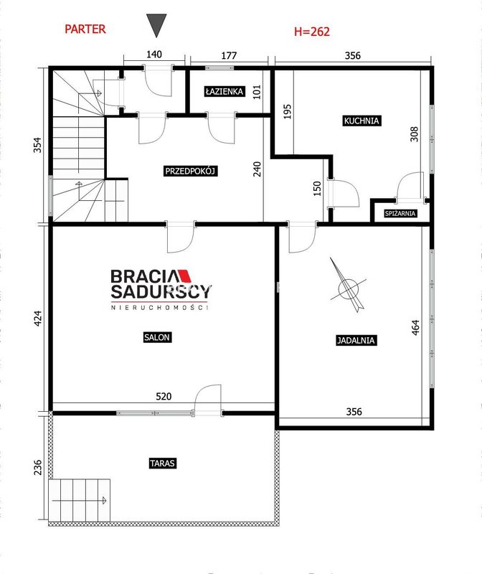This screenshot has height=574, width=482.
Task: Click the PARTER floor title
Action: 85,29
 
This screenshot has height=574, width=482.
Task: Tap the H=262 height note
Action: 312,32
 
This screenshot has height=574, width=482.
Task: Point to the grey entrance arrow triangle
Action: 156,26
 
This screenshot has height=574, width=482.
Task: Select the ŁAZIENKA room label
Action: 225,91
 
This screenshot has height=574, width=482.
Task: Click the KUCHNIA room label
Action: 361,121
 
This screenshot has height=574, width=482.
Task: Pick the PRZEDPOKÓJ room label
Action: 190,171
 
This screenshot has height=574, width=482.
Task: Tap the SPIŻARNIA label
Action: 400,213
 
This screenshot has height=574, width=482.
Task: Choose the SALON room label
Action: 156,337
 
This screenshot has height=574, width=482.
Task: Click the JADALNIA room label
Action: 356,340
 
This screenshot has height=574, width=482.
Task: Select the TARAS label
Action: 163,463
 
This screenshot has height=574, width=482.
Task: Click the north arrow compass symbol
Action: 347,286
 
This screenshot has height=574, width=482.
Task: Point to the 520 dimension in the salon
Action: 164,397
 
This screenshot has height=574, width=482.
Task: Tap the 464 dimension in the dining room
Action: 415,328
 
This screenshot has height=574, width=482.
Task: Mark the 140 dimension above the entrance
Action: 154,55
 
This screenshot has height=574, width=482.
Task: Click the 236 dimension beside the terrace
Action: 38,468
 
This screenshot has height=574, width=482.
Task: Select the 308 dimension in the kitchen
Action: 414,134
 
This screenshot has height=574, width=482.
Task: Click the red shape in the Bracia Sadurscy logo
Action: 185,276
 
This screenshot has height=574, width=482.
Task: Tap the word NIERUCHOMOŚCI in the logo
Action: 159,308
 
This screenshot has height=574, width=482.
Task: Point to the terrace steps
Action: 80,500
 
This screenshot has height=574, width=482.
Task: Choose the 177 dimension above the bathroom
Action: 229,56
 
